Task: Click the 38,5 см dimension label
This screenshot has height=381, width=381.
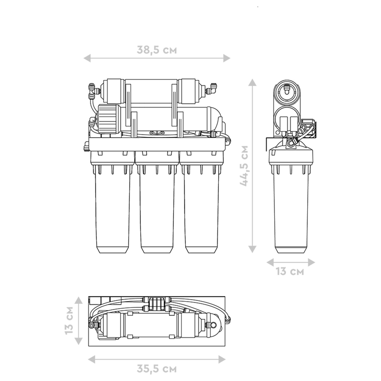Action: [x=157, y=50]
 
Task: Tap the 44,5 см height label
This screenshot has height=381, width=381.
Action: [x=244, y=166]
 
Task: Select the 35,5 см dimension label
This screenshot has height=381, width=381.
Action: [x=157, y=369]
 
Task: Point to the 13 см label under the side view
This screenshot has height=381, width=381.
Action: [x=290, y=272]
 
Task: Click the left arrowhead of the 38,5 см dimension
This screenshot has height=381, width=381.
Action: [x=87, y=58]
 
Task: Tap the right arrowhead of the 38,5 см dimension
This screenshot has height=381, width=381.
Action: [x=227, y=58]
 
